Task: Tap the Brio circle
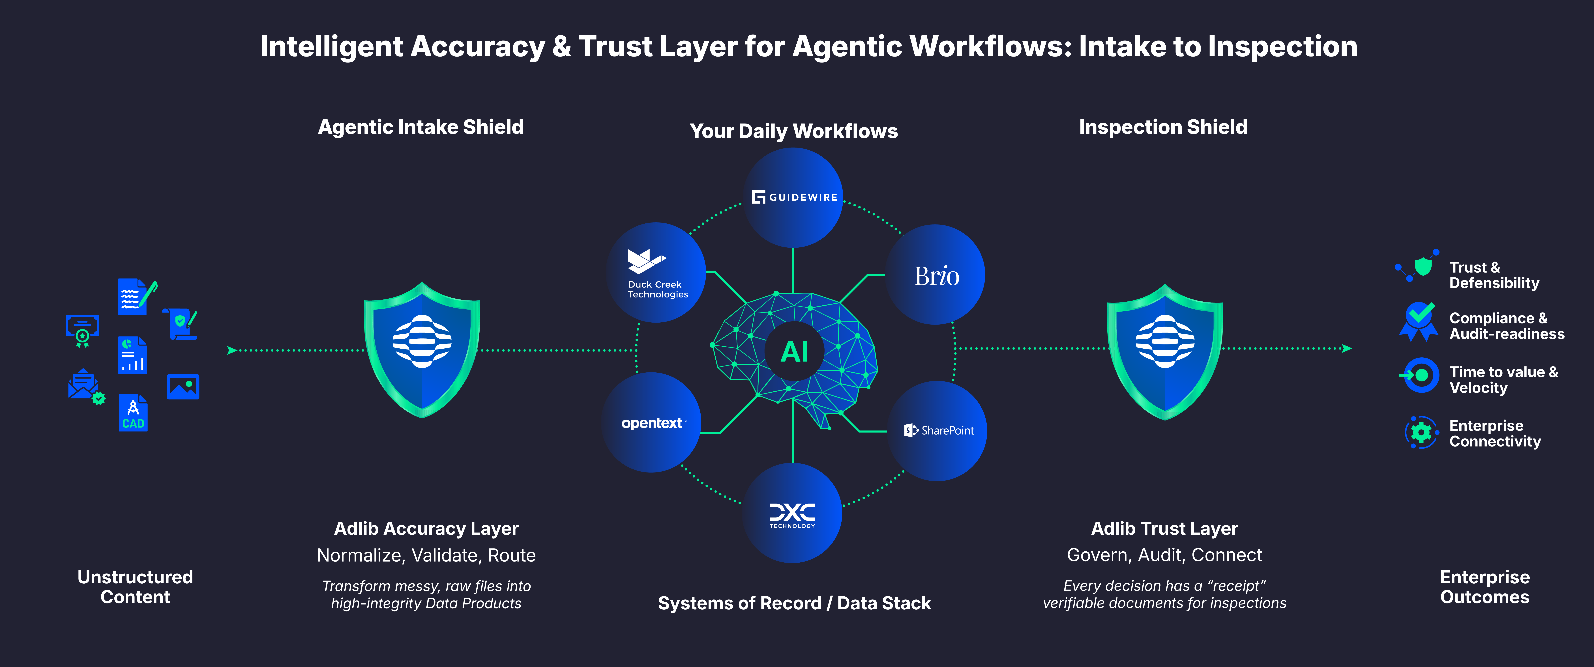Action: coord(936,275)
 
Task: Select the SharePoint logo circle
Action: coord(938,431)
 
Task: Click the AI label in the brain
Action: coord(795,351)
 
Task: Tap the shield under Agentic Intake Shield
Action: coord(422,350)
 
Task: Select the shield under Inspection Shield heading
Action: coord(1165,351)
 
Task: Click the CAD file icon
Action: coord(133,413)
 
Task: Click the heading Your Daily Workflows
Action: coord(793,131)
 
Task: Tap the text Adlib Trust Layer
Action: coord(1164,528)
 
